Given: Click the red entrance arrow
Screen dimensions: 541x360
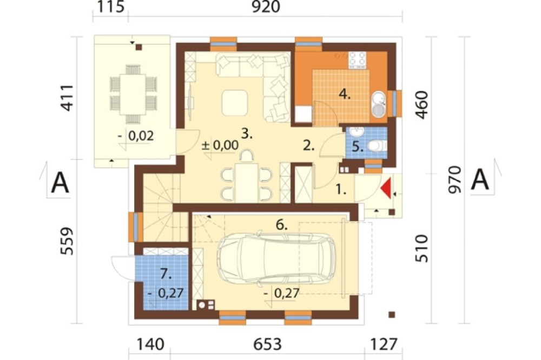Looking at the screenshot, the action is [x=386, y=188].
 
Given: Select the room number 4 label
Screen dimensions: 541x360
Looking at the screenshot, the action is [x=344, y=94].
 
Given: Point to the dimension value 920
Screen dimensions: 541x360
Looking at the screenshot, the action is [x=265, y=7].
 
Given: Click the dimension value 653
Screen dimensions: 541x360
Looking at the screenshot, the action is [x=268, y=344].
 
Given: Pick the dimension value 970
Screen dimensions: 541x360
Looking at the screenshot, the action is [x=455, y=179].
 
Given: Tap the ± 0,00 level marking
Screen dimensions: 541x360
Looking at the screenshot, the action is [x=220, y=145].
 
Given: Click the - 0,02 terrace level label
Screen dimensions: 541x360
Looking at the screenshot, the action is [x=135, y=136].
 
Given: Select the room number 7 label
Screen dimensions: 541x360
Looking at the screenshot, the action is [x=166, y=275].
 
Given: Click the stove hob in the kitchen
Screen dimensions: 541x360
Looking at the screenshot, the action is [x=357, y=59].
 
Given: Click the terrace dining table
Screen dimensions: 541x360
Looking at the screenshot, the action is [x=133, y=95].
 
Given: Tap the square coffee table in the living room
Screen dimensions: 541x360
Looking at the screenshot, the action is [x=235, y=103].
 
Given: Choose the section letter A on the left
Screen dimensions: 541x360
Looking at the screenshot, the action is [x=60, y=183].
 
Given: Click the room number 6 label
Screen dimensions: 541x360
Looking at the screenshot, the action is [x=281, y=225].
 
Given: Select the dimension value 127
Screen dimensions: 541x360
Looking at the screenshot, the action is [x=384, y=344].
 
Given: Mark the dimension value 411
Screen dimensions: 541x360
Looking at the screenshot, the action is [x=67, y=98].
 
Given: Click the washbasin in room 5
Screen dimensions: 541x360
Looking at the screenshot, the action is [x=355, y=132].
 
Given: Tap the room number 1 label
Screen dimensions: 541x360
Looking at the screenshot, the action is [x=341, y=189].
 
